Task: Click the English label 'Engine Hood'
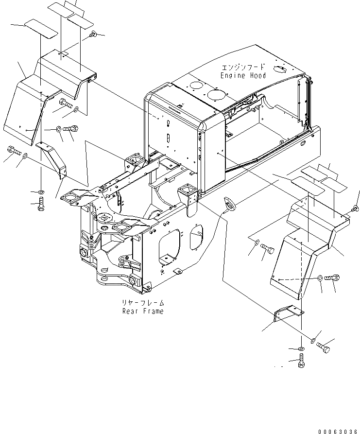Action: [243, 76]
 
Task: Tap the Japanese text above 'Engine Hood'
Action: [243, 68]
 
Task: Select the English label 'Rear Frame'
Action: [143, 311]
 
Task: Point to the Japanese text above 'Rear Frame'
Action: [143, 303]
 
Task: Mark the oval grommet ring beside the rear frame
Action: [228, 204]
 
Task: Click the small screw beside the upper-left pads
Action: [94, 34]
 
